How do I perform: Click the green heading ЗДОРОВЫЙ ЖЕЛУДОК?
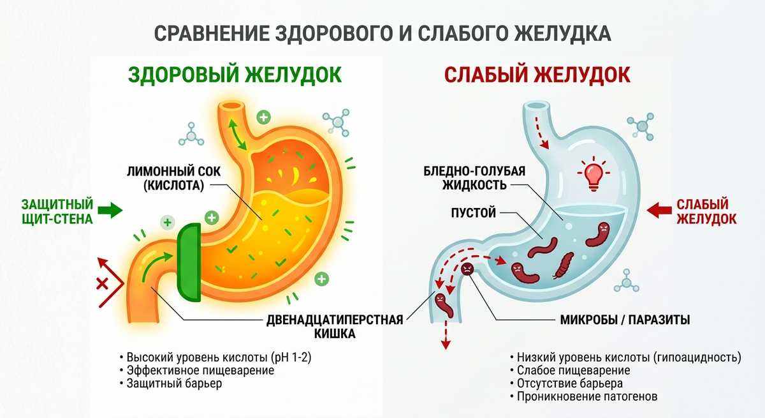235,75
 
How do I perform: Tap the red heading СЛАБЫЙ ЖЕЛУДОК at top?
537,75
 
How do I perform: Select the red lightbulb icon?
594,175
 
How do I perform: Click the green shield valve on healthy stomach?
189,262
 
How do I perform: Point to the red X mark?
102,284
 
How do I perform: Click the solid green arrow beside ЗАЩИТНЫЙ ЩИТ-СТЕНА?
110,210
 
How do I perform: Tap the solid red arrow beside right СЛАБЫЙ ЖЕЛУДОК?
659,210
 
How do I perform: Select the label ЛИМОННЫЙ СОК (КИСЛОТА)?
174,178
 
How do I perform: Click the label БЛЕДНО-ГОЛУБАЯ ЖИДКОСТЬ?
474,177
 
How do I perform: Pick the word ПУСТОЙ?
473,213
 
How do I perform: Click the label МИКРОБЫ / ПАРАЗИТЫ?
625,320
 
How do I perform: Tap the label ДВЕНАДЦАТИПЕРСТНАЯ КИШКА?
335,326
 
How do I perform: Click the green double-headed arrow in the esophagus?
237,134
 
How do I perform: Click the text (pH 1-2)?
291,357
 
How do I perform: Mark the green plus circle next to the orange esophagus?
264,117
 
